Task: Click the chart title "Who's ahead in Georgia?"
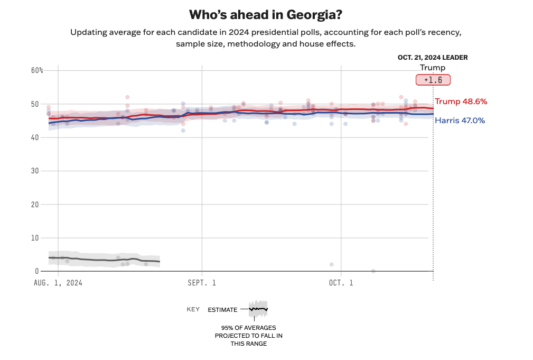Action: (x=266, y=14)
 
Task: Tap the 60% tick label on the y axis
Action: (x=37, y=70)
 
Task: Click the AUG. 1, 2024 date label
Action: (x=58, y=283)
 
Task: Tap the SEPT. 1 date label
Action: (x=202, y=283)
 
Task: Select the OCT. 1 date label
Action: (x=341, y=283)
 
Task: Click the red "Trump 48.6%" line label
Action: (x=461, y=101)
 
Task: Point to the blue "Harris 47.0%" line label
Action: (x=460, y=121)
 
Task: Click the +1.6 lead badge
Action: (x=433, y=80)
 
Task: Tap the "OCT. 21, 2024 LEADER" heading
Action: (x=433, y=58)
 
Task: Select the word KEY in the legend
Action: (x=193, y=309)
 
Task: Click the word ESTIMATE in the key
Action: (x=222, y=310)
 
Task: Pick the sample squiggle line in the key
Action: (x=258, y=309)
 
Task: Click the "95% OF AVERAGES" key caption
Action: (x=248, y=328)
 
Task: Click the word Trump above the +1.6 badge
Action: (x=433, y=68)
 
